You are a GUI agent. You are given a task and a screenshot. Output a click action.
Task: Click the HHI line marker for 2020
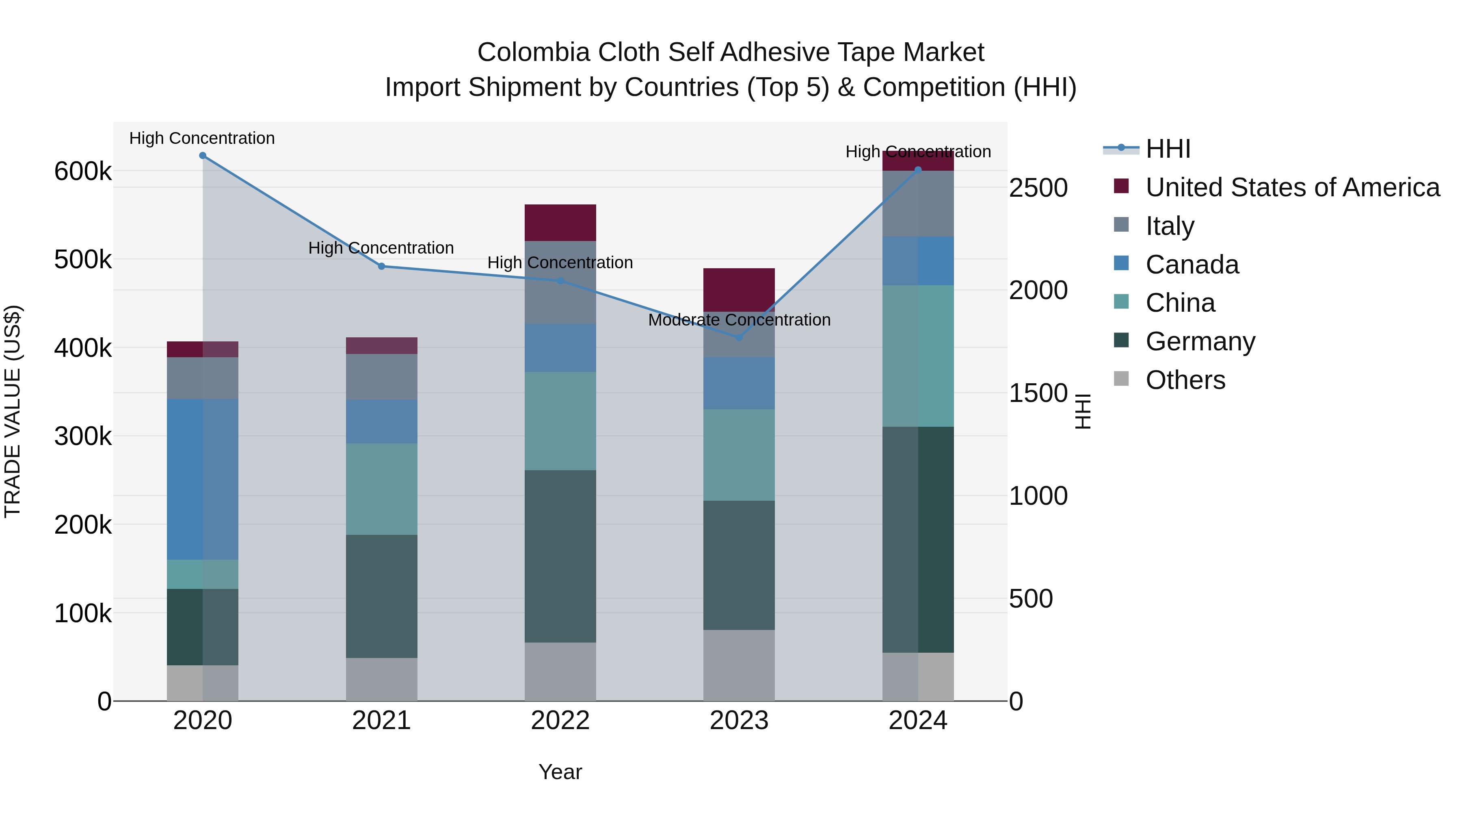point(203,156)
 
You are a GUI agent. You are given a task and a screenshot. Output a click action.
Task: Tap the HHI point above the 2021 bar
point(381,266)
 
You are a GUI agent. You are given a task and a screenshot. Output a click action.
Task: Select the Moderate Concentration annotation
point(739,320)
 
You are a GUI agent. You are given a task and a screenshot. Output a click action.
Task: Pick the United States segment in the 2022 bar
point(560,223)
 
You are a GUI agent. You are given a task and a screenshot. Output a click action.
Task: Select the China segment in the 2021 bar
point(381,489)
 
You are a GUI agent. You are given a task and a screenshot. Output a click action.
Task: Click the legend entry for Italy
point(1169,226)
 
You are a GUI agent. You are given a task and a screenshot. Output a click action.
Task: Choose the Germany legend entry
point(1200,341)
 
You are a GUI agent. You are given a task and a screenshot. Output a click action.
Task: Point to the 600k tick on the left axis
point(83,172)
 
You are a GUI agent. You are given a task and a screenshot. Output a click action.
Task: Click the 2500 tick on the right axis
point(1038,188)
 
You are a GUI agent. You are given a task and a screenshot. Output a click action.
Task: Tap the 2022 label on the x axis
point(560,721)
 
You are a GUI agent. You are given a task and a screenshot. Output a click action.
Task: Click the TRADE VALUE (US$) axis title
point(13,411)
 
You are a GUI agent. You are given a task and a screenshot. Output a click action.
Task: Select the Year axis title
point(560,772)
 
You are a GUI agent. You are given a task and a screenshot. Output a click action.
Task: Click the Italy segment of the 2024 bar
point(918,203)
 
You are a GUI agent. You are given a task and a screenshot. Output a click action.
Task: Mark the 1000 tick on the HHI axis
point(1038,496)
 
